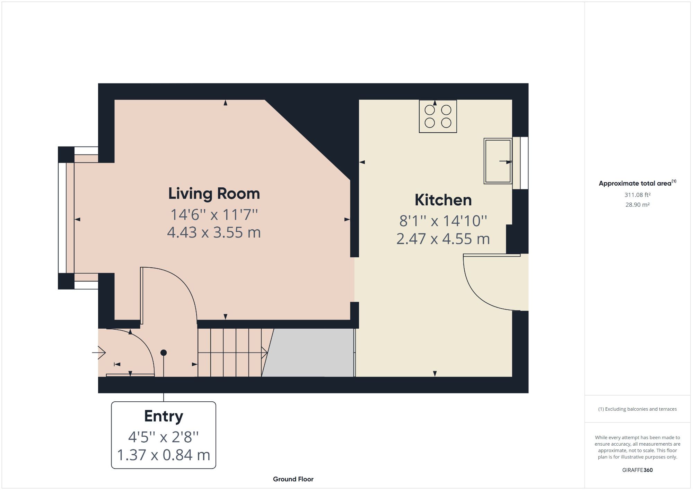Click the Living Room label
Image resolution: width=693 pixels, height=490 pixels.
214,194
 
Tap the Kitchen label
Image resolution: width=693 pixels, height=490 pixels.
443,200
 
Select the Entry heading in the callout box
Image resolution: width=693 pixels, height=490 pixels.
164,416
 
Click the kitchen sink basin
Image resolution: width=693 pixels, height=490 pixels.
498,161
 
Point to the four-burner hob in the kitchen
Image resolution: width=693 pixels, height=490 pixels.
438,116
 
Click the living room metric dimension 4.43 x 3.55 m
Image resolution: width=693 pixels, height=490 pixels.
214,232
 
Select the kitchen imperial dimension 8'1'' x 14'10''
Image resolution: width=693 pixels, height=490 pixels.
443,221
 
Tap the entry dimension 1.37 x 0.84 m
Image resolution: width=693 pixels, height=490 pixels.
164,455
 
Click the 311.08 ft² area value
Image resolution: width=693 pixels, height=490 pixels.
637,195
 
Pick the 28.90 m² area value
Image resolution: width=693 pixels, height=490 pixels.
637,205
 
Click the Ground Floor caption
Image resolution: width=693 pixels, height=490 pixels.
293,479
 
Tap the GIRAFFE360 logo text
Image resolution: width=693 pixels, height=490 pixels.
637,470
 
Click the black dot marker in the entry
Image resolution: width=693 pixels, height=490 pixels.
164,353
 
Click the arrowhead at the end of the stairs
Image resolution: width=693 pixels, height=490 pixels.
265,353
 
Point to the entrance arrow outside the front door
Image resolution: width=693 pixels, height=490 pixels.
100,353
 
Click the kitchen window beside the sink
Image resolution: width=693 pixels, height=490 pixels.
520,163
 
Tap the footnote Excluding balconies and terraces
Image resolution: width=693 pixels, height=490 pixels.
637,409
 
